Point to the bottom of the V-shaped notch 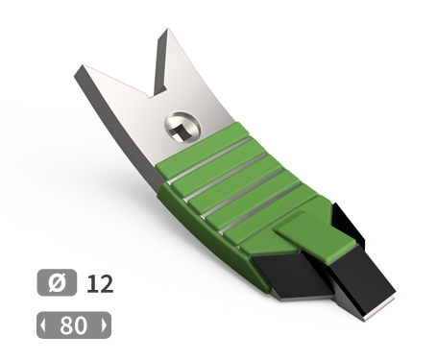[151, 96]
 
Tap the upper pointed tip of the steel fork [167, 29]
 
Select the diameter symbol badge [57, 282]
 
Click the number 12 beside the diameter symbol [100, 283]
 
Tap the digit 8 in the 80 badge [66, 325]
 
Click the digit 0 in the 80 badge [81, 325]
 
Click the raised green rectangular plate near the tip [315, 237]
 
